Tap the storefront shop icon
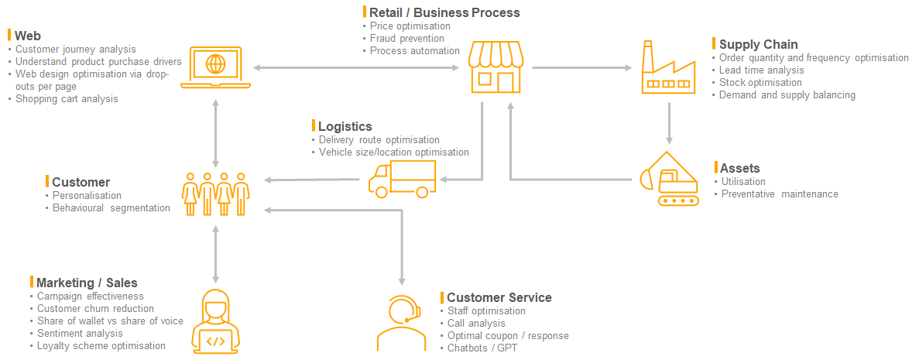496,67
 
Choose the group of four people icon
215,194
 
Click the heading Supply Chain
758,44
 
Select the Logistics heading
345,126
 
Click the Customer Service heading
499,297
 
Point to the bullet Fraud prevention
406,39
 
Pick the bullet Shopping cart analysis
67,99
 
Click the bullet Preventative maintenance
779,194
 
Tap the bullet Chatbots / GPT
482,348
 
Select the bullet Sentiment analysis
80,334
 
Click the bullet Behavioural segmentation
111,208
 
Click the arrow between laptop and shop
357,68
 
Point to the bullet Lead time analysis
761,70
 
